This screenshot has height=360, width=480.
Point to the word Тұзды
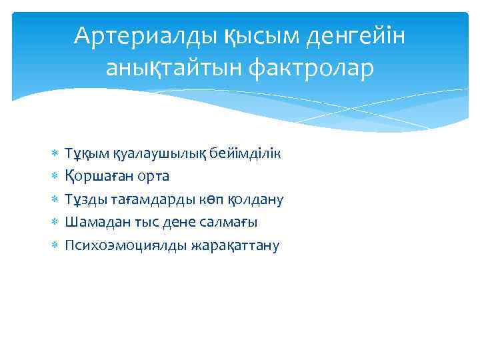pyautogui.click(x=81, y=199)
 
